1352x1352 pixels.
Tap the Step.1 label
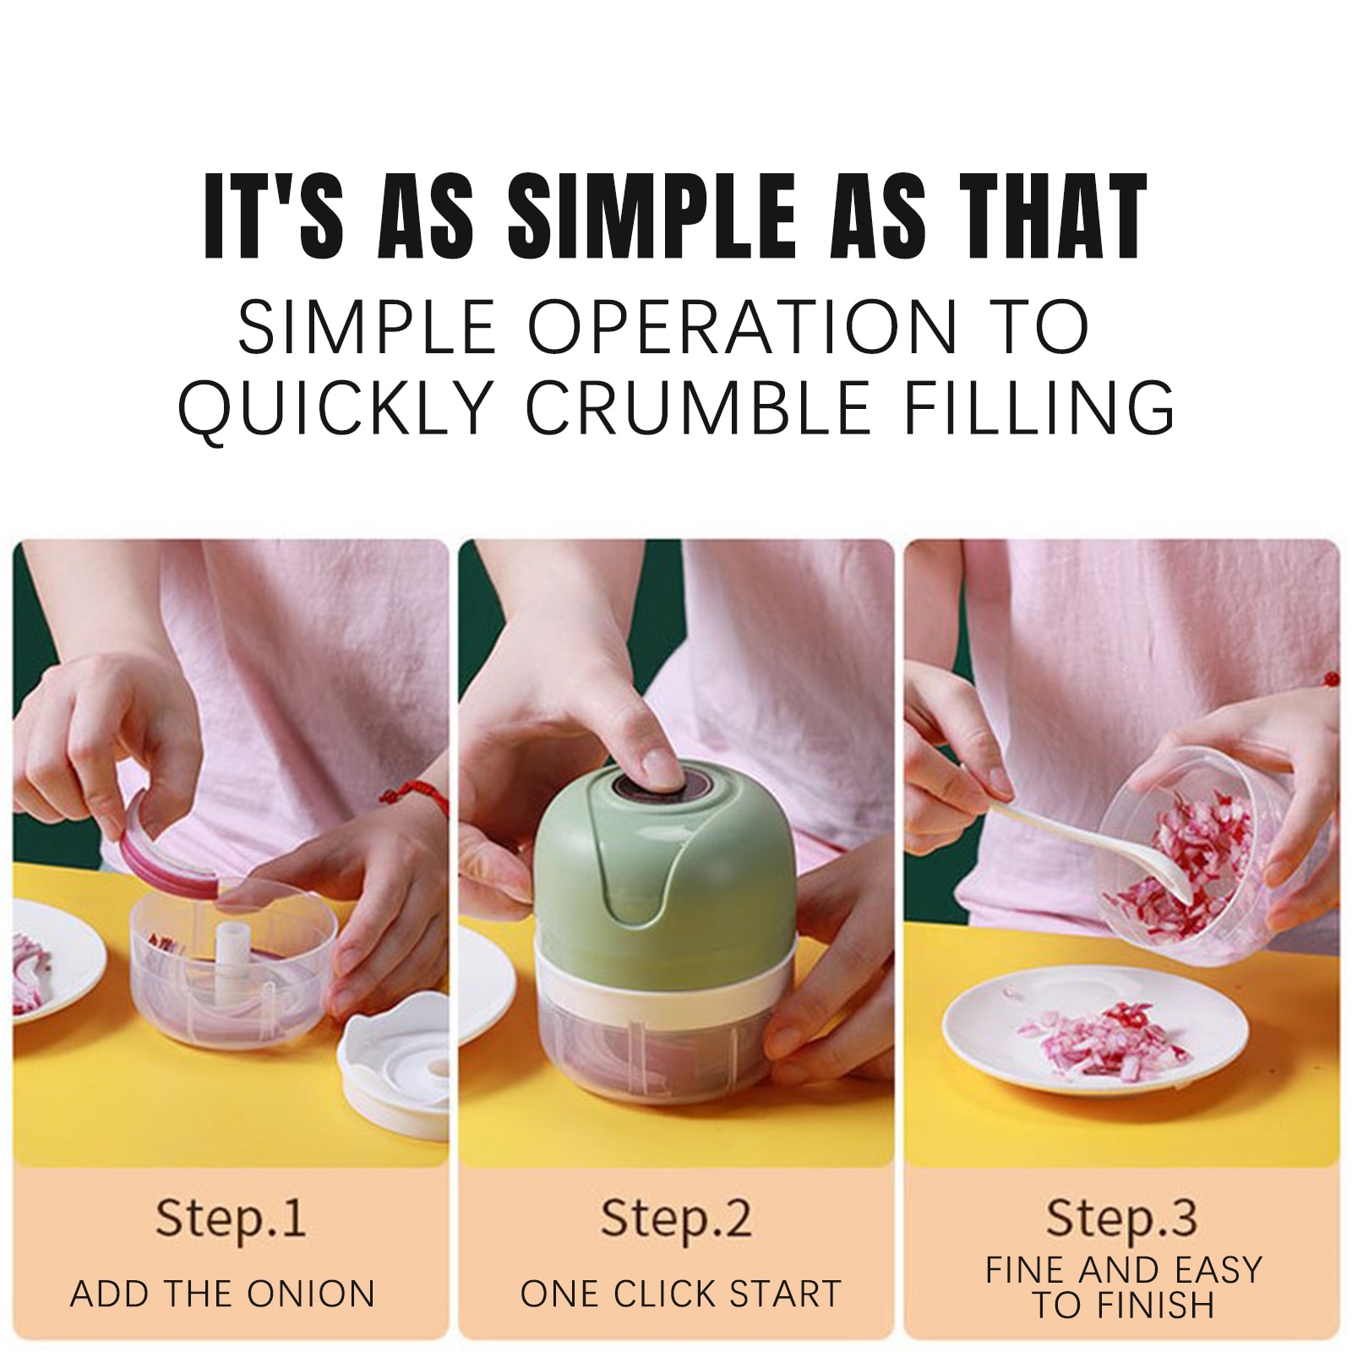230,1218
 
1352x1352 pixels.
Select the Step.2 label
675,1218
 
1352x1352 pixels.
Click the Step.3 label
1121,1218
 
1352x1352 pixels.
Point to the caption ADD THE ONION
222,1294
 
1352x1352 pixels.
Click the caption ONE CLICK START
681,1294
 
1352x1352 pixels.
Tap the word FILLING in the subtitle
1040,407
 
